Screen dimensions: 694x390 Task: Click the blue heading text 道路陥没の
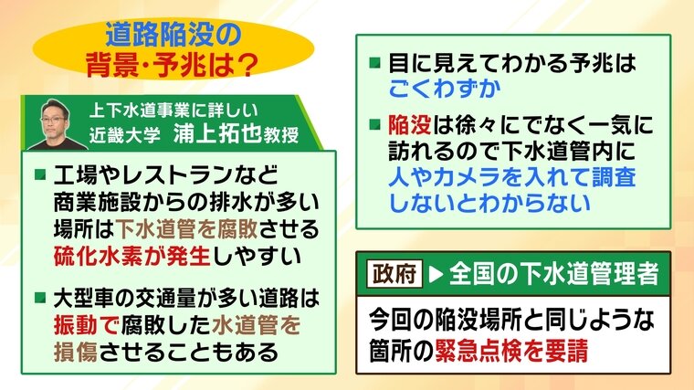pyautogui.click(x=173, y=35)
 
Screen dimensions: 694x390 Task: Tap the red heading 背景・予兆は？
pyautogui.click(x=173, y=65)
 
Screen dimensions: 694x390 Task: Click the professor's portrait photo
pyautogui.click(x=57, y=125)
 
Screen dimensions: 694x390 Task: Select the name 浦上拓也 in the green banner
pyautogui.click(x=217, y=133)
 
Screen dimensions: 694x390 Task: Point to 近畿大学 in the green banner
pyautogui.click(x=124, y=135)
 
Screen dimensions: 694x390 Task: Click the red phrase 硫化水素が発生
pyautogui.click(x=131, y=256)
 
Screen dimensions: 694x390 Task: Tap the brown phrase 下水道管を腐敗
pyautogui.click(x=187, y=229)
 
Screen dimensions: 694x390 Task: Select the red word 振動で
pyautogui.click(x=87, y=325)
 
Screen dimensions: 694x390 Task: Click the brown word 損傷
pyautogui.click(x=75, y=352)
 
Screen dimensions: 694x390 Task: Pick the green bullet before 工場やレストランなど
pyautogui.click(x=40, y=174)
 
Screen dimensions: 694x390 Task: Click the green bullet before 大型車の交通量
pyautogui.click(x=40, y=298)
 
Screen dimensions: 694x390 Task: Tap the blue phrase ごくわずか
pyautogui.click(x=445, y=89)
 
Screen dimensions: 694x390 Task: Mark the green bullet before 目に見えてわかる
pyautogui.click(x=375, y=62)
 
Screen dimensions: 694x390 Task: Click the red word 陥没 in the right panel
pyautogui.click(x=410, y=125)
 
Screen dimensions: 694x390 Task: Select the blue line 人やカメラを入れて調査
pyautogui.click(x=512, y=177)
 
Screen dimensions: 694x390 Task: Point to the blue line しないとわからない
pyautogui.click(x=489, y=203)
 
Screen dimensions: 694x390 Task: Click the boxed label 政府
pyautogui.click(x=394, y=274)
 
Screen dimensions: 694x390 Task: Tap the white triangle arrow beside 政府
pyautogui.click(x=436, y=274)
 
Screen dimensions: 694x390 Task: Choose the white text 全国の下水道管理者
pyautogui.click(x=554, y=274)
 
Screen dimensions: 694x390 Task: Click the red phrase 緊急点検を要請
pyautogui.click(x=511, y=351)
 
